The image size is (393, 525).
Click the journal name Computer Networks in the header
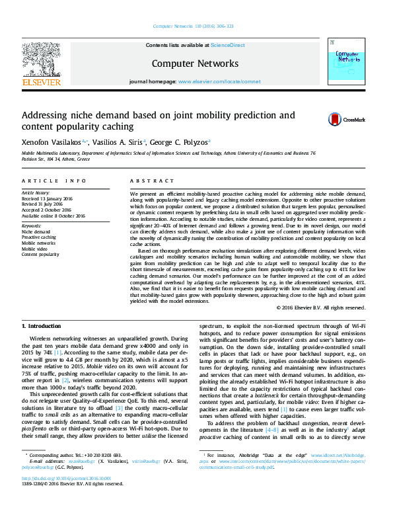pos(195,63)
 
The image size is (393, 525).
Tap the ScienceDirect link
pos(227,45)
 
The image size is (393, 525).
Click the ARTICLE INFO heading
pos(54,181)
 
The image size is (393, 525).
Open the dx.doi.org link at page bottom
pos(66,497)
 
